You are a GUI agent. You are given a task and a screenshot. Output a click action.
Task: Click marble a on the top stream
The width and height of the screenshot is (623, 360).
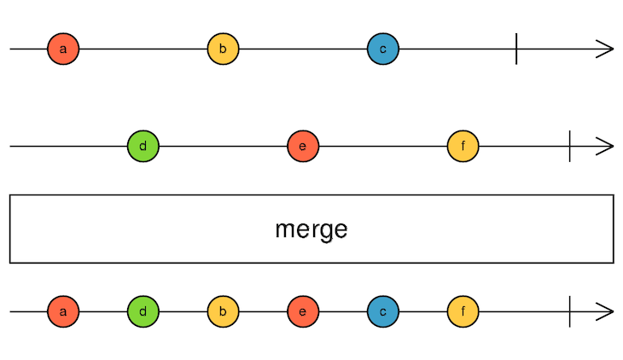(63, 49)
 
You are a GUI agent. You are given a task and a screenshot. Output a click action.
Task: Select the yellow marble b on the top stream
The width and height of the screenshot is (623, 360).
(223, 49)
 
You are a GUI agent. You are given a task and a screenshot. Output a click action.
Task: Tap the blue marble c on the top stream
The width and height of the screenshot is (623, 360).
(383, 49)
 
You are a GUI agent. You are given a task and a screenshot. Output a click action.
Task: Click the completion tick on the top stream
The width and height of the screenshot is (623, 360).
(516, 49)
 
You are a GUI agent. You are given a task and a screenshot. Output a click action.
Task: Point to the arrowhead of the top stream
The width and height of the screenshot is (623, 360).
(607, 49)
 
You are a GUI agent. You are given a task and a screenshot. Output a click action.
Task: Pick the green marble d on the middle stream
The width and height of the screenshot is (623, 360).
(143, 146)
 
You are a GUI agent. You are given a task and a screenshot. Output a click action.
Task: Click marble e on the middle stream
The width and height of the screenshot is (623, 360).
(303, 146)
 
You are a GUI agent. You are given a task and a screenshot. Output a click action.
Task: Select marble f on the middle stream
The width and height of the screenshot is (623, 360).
(463, 146)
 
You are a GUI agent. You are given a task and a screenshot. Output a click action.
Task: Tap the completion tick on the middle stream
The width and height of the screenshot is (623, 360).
(569, 146)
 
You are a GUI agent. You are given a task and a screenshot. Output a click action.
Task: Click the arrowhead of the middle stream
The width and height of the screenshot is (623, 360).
(607, 146)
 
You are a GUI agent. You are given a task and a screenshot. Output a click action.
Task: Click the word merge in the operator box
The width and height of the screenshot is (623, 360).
(311, 229)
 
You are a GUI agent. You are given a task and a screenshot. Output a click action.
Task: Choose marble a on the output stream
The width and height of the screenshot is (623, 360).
(63, 311)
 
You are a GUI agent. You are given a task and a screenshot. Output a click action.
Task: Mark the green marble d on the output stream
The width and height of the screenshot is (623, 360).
(143, 311)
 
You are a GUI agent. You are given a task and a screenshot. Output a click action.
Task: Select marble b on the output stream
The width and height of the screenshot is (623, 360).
(223, 311)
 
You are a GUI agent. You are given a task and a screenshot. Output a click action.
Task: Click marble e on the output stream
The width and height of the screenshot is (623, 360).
(303, 311)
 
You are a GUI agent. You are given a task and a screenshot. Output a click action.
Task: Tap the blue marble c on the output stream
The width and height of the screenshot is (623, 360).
(383, 311)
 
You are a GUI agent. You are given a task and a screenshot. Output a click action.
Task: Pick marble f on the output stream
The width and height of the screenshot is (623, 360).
(463, 311)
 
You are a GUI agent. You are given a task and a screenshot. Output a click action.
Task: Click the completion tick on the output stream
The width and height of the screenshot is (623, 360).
(569, 311)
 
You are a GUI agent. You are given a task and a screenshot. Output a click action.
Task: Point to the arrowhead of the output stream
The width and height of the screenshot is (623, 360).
(607, 311)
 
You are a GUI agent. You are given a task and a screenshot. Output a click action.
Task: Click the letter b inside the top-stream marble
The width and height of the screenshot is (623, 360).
(223, 49)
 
